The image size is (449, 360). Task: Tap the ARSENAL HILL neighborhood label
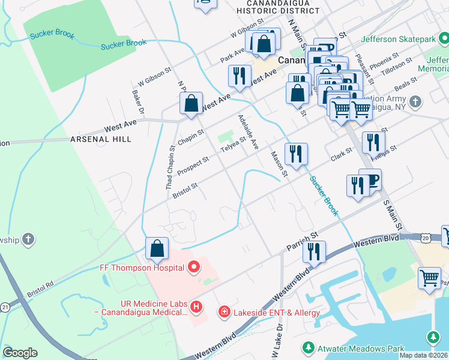tap(100, 139)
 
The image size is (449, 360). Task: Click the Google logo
tap(20, 353)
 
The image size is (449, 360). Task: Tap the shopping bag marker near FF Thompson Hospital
tap(157, 248)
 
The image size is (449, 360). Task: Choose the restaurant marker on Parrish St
tap(314, 253)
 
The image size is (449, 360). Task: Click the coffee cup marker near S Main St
tap(370, 181)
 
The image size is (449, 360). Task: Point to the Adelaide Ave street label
tap(248, 133)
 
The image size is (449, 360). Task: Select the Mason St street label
tap(279, 165)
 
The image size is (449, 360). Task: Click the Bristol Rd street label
tap(40, 288)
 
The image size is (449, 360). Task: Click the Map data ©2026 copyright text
tap(423, 355)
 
